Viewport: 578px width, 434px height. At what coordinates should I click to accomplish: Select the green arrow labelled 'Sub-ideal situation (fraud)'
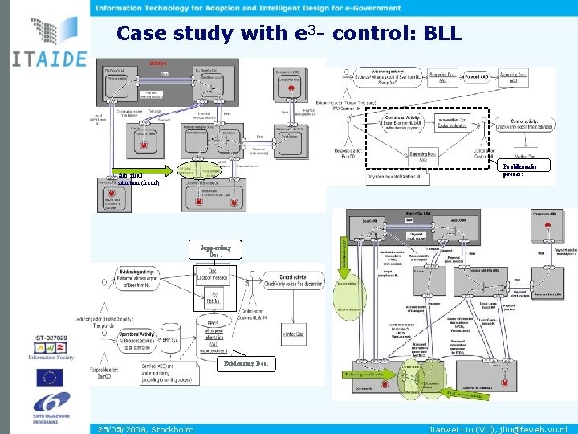pos(144,170)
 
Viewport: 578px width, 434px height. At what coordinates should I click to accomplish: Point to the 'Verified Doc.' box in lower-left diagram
pos(295,334)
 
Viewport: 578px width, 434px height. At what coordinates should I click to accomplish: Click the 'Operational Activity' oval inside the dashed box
pos(403,121)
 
